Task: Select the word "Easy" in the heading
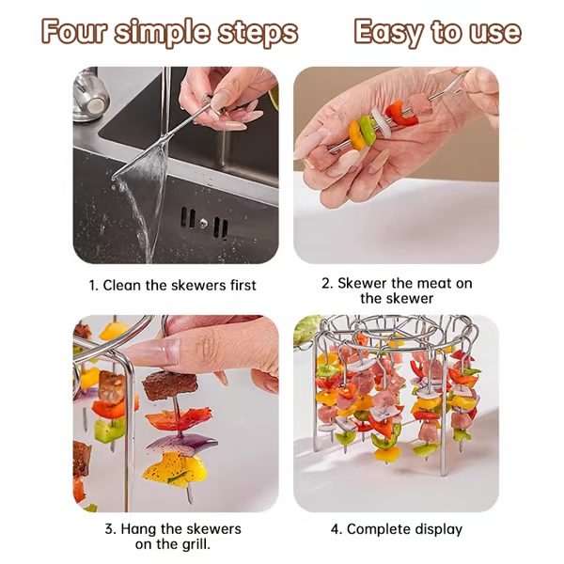tap(385, 33)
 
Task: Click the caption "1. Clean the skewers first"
tap(172, 285)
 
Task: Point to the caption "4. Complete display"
tap(396, 529)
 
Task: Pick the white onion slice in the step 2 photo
tap(380, 118)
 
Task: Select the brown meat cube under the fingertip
tap(168, 384)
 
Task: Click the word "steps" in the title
tap(257, 33)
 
